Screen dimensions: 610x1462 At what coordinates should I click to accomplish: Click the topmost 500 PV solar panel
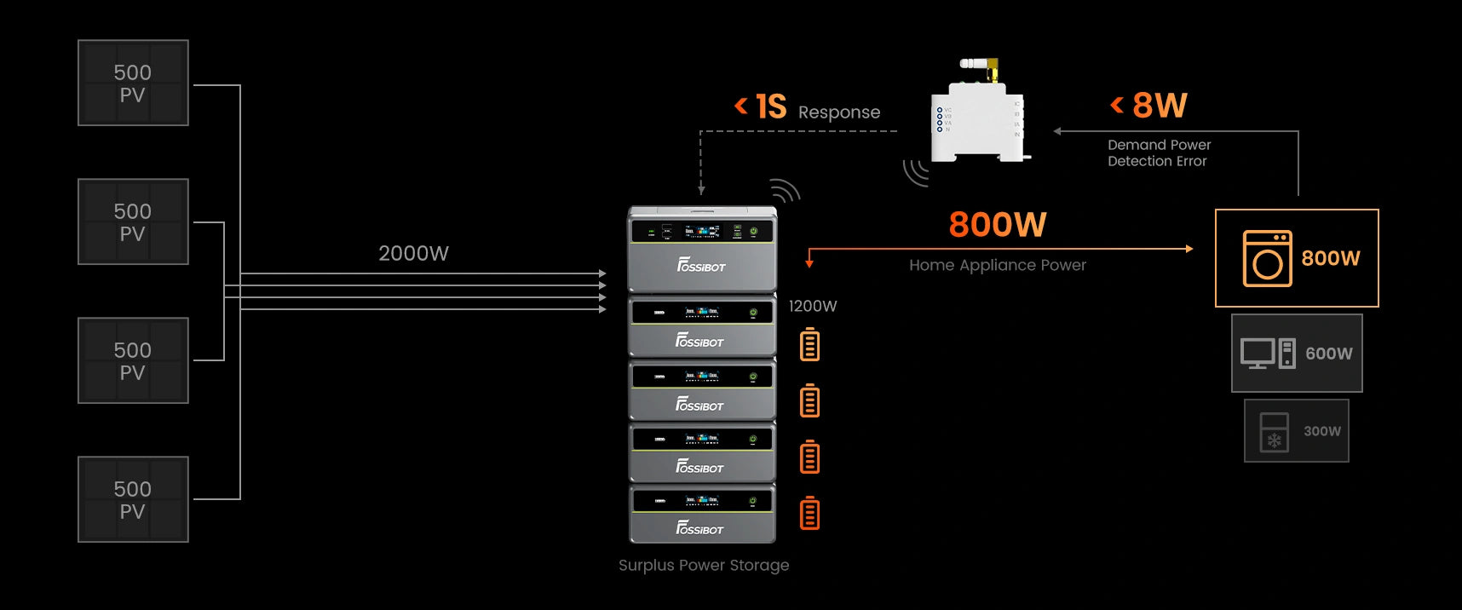(133, 83)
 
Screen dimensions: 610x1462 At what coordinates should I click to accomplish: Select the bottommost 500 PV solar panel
(133, 500)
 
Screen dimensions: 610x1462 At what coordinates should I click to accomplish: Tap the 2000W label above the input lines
(413, 253)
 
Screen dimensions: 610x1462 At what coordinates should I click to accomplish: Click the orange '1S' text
(770, 107)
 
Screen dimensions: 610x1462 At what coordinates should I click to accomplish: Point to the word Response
(838, 112)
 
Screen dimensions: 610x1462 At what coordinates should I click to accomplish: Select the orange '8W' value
(1160, 106)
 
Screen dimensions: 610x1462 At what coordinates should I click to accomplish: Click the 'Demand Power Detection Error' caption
(1159, 152)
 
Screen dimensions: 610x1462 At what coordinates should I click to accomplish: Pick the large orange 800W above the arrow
(997, 225)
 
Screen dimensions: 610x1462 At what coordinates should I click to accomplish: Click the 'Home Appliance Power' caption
(997, 265)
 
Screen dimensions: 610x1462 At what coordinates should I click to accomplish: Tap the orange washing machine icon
(1267, 258)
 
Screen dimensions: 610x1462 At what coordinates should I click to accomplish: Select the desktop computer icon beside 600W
(1267, 353)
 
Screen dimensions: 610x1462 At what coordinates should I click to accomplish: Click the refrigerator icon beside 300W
(1274, 432)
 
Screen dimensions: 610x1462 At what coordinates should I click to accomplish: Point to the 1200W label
(812, 306)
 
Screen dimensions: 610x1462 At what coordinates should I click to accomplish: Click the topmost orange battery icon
(809, 344)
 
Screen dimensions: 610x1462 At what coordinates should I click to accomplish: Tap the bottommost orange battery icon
(809, 514)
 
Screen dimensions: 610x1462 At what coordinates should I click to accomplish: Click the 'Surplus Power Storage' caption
(704, 565)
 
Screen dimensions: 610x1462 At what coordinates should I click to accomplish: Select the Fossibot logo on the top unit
(701, 266)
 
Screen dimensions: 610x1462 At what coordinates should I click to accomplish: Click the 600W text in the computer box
(1328, 354)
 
